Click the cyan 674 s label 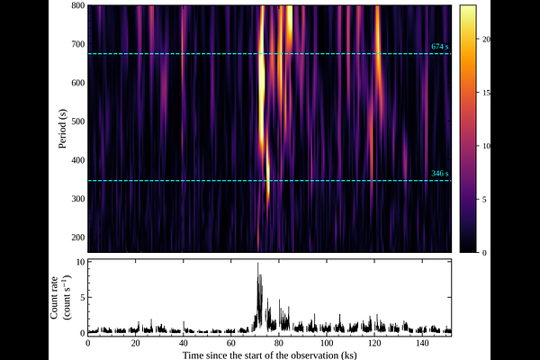coord(440,47)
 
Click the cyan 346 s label coord(440,174)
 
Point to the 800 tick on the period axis coord(78,5)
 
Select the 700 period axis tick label coord(78,44)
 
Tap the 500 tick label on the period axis coord(78,121)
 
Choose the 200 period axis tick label coord(78,238)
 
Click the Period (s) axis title coord(62,129)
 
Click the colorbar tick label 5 coord(484,200)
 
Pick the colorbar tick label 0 coord(484,253)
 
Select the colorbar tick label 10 coord(486,146)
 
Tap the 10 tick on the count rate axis coord(80,262)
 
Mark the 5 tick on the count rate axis coord(82,297)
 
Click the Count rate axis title coord(60,297)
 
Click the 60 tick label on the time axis coord(231,344)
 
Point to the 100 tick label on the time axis coord(327,344)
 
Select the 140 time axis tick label coord(422,344)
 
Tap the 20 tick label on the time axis coord(136,344)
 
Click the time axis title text coord(269,355)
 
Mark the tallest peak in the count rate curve coord(257,263)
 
